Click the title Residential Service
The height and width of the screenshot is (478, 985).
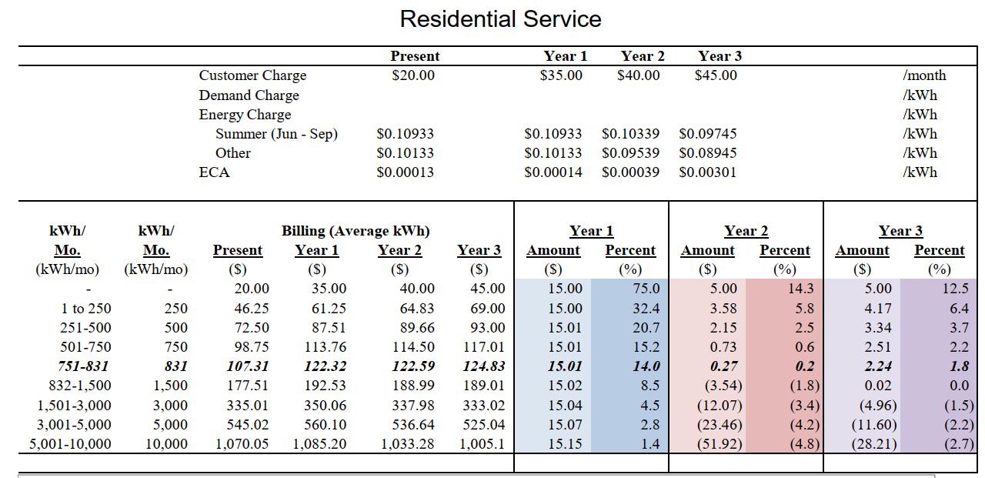(500, 18)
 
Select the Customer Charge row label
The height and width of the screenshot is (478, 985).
(252, 75)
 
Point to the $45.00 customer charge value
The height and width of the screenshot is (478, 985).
(716, 75)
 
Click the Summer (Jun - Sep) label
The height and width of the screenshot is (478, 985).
(276, 134)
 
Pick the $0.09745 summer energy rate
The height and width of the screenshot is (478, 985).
(707, 134)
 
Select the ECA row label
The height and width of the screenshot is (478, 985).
(214, 172)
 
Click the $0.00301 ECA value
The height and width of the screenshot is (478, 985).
(707, 172)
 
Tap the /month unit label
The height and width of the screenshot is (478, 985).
(924, 75)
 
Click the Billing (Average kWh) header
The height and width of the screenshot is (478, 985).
(356, 231)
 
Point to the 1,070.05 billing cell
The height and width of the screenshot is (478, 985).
(241, 444)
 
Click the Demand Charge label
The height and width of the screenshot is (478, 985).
(249, 95)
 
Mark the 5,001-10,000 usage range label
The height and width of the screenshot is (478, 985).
(70, 444)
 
